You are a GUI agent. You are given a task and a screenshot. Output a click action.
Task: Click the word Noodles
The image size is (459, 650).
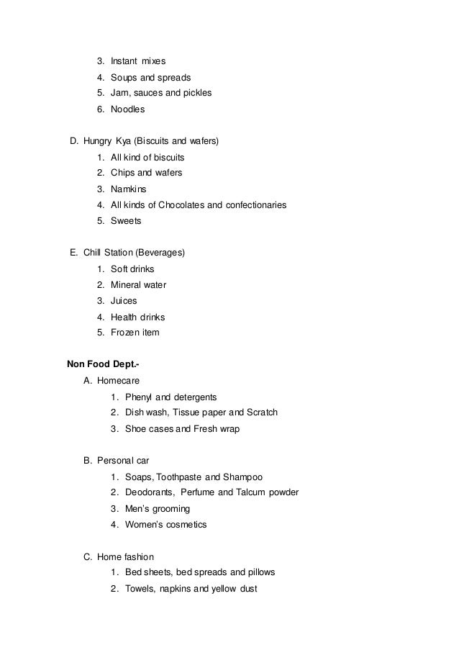coord(127,109)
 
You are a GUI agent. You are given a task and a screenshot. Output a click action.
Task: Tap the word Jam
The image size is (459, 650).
coord(119,93)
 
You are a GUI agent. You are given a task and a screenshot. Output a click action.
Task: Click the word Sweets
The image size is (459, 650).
coord(126,221)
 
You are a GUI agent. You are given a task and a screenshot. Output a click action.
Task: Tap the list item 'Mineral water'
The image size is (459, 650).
coord(138,284)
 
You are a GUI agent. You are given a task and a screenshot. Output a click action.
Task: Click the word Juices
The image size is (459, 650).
coord(124,301)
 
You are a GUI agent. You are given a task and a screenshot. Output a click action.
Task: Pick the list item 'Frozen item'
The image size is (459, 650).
coord(135,333)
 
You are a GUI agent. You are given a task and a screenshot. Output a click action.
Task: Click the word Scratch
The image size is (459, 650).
coord(261,412)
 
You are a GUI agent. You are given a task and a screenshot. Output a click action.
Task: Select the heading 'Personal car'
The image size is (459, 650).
coord(124,460)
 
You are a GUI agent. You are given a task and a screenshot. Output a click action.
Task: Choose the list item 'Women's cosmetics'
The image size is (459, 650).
coord(165,525)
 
